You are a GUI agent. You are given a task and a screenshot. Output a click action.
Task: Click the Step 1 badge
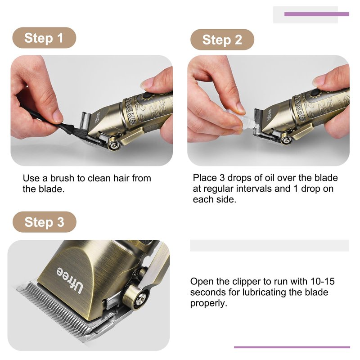(44, 38)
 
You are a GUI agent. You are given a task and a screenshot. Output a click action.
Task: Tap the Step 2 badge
(222, 40)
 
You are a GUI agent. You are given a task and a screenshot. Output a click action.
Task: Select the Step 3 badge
(44, 222)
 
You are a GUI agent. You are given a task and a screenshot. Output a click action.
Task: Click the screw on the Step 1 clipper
(114, 144)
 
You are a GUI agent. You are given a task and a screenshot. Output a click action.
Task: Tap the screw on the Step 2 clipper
(287, 140)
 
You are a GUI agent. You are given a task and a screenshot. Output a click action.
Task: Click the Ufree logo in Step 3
(69, 280)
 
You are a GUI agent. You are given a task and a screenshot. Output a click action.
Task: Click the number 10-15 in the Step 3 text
(322, 281)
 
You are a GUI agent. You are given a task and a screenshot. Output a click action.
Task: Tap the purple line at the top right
(317, 14)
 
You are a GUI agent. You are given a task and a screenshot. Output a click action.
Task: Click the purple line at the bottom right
(292, 347)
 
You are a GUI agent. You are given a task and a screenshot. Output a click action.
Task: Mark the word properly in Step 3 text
(208, 303)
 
